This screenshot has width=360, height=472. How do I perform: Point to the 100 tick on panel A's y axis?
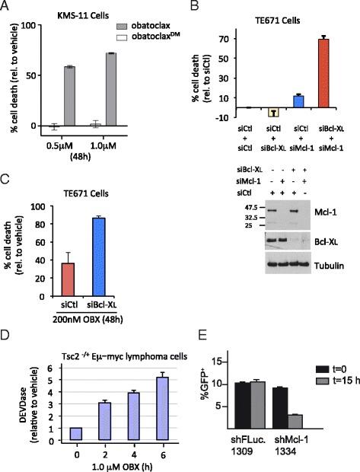coord(32,26)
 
